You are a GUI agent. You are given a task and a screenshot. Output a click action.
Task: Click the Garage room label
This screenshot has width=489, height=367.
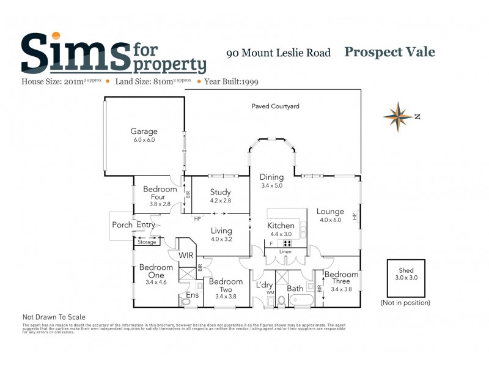144,131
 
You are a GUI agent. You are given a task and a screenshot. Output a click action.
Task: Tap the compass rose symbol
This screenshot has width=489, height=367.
398,117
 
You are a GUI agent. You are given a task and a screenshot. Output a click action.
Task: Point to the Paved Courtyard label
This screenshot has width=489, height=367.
276,106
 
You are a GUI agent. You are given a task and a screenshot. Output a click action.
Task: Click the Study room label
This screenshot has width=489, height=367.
220,192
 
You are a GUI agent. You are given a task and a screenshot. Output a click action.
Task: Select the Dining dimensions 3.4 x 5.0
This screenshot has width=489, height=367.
271,185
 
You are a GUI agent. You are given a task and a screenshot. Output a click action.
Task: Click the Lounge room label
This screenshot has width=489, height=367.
330,212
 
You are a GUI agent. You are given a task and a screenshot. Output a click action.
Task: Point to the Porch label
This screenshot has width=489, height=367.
122,225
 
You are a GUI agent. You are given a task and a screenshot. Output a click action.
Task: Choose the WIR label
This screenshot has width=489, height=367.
186,255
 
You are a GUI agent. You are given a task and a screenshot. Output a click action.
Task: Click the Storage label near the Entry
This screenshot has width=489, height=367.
147,242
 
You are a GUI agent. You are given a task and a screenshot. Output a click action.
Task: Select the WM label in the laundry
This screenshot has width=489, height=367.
270,293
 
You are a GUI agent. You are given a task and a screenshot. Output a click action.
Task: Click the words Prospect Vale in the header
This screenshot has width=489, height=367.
389,52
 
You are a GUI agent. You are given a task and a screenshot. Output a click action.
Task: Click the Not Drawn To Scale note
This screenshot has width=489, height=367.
54,317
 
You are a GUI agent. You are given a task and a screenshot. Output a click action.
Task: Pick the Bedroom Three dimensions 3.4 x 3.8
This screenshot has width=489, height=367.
340,289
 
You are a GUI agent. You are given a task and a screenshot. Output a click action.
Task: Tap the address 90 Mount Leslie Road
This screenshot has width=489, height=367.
278,53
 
